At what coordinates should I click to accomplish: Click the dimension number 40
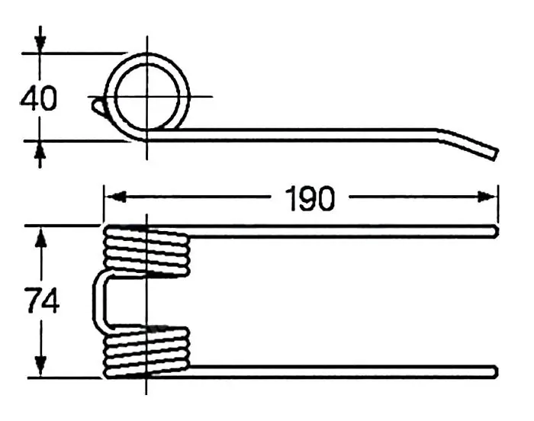(38, 99)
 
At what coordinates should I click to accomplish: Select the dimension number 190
(310, 198)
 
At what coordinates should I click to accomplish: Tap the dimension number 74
(42, 300)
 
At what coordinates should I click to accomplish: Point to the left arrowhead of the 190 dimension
(115, 197)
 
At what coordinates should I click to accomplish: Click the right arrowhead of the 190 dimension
(487, 197)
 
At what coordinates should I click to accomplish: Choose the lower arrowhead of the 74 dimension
(41, 366)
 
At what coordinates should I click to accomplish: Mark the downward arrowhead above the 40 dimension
(40, 42)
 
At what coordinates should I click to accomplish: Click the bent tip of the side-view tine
(496, 154)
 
